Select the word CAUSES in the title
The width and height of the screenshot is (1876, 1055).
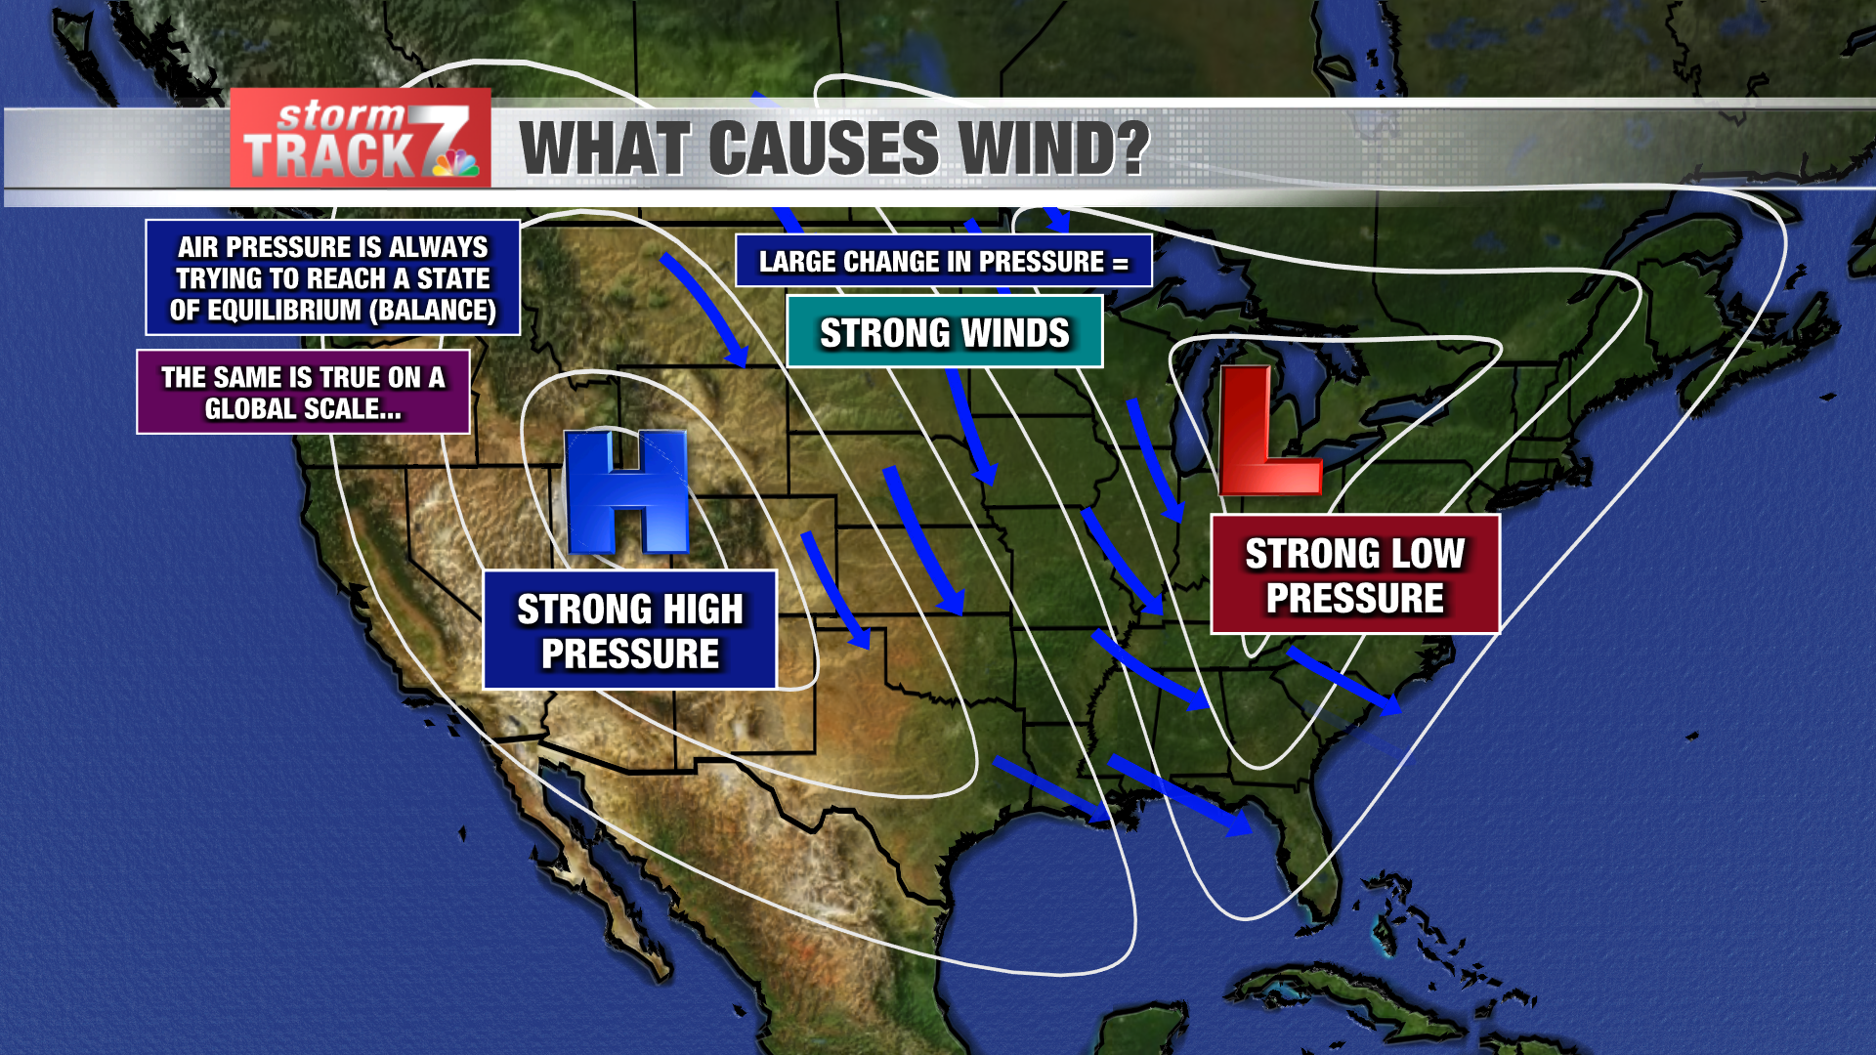click(824, 148)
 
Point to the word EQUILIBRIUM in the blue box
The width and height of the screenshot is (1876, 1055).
click(284, 311)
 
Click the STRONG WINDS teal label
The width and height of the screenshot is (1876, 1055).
click(944, 333)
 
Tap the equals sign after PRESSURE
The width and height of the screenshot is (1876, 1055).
click(1120, 264)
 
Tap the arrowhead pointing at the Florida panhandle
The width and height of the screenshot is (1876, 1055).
click(1237, 823)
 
